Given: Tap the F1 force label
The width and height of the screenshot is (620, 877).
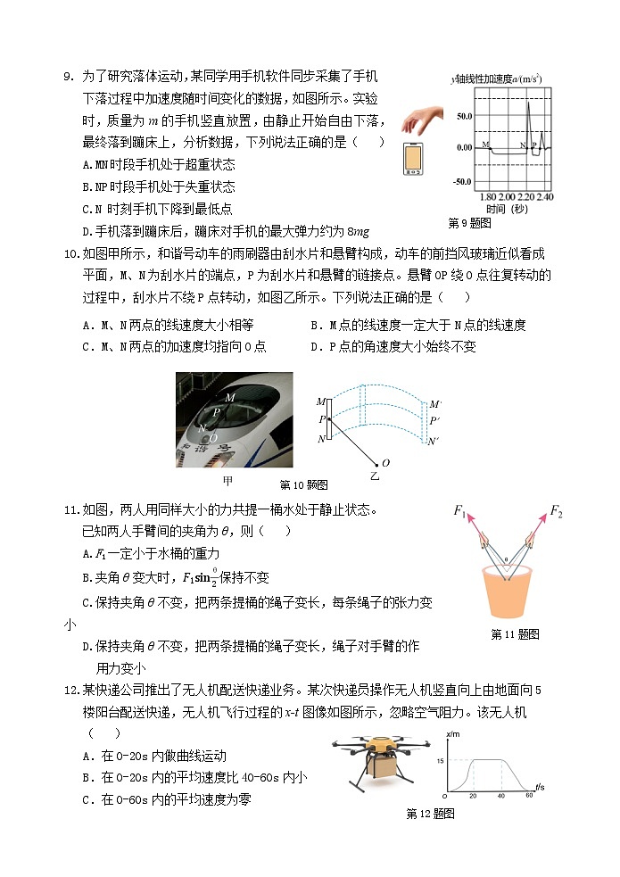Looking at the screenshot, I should pyautogui.click(x=460, y=511).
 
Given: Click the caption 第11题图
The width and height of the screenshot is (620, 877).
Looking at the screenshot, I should pyautogui.click(x=515, y=634).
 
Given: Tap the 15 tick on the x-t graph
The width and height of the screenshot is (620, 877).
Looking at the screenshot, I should pyautogui.click(x=440, y=760).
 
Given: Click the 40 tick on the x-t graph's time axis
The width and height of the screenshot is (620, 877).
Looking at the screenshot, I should pyautogui.click(x=501, y=795).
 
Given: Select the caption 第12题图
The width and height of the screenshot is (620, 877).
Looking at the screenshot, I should pyautogui.click(x=430, y=814).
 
